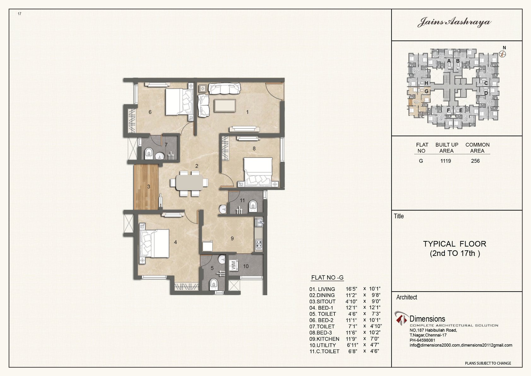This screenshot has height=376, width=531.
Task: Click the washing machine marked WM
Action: coord(233,265)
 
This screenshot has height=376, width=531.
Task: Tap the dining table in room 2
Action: coord(189,183)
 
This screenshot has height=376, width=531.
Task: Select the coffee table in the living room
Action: coord(225,106)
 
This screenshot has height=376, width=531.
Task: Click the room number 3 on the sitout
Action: coord(149,186)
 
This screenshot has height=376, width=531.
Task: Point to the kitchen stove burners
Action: coord(259,244)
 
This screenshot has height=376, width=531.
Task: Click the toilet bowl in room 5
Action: coord(214,284)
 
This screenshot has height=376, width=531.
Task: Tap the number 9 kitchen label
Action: coord(232,239)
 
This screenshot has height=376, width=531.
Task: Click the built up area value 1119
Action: coord(446,161)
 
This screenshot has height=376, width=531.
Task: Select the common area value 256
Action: coord(475,161)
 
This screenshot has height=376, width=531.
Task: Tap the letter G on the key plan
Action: coord(427,91)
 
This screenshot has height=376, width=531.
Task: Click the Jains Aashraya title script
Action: coord(454,22)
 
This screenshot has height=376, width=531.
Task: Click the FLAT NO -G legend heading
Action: coord(327,277)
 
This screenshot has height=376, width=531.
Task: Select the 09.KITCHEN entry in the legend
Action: coord(324,339)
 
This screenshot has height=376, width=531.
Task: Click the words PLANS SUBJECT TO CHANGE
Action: coord(488,363)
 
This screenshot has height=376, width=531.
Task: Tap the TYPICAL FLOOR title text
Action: coord(455,244)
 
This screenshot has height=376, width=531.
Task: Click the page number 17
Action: coord(20,14)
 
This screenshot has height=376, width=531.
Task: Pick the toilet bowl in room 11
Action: coord(252,206)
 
